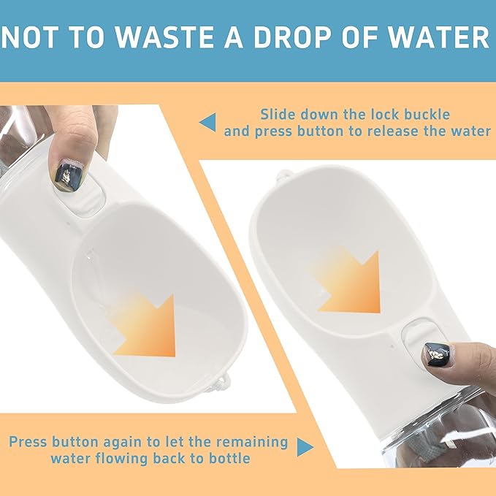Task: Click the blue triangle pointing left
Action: tap(208, 122)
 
